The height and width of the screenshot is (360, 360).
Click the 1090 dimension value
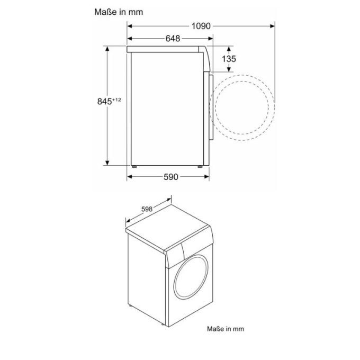pyautogui.click(x=201, y=25)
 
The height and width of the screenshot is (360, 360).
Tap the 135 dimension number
pyautogui.click(x=229, y=59)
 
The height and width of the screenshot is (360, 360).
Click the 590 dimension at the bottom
pyautogui.click(x=170, y=177)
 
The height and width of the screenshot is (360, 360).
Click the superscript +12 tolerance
pyautogui.click(x=117, y=99)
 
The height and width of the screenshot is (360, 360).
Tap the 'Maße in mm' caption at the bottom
pyautogui.click(x=226, y=329)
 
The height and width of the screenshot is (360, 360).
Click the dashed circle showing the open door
pyautogui.click(x=244, y=106)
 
